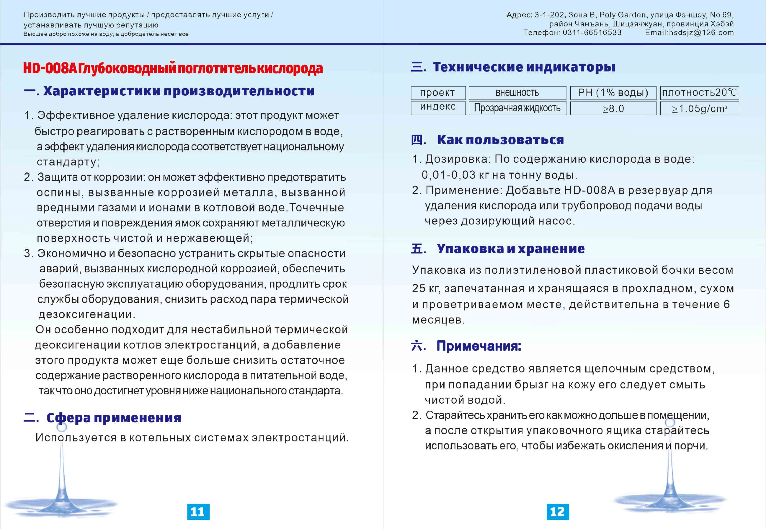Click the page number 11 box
[x=198, y=512]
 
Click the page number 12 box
[x=557, y=512]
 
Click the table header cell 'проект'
[x=438, y=93]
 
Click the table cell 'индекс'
[x=438, y=107]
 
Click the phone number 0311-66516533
[x=592, y=33]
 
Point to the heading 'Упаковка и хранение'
[x=510, y=249]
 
